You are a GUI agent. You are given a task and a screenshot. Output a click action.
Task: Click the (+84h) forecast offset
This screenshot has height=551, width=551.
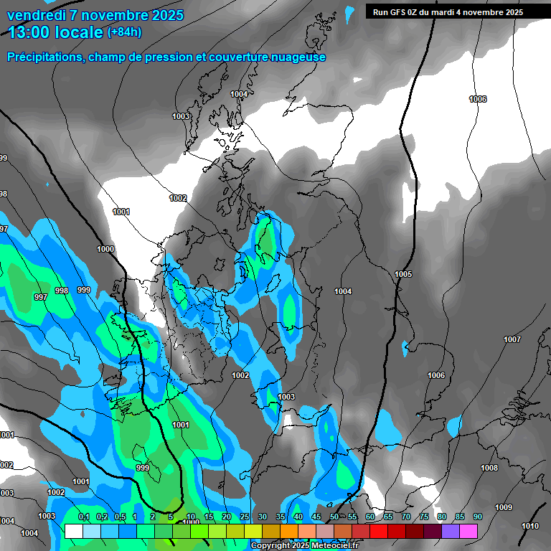click(x=124, y=32)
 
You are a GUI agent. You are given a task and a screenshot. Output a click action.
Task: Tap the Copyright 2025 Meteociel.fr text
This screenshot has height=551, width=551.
click(x=306, y=546)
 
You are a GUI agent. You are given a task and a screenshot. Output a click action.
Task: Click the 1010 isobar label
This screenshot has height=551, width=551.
click(x=530, y=526)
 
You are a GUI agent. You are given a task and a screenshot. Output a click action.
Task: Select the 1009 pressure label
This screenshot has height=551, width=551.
click(x=504, y=507)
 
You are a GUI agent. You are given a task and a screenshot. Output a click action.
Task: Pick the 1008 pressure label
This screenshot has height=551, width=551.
click(x=489, y=468)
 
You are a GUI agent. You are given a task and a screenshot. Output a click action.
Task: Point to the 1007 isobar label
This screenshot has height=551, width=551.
click(x=512, y=339)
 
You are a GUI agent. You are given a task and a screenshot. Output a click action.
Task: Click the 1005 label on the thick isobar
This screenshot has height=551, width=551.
click(x=403, y=274)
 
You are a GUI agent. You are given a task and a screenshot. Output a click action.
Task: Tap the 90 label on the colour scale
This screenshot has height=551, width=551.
click(x=477, y=517)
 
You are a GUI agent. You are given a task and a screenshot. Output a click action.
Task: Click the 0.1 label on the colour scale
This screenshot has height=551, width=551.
click(x=83, y=517)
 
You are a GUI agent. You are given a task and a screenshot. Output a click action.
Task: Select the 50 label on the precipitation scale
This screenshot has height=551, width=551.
click(x=334, y=517)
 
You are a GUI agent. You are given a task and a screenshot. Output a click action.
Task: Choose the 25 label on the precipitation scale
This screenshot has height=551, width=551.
click(x=245, y=517)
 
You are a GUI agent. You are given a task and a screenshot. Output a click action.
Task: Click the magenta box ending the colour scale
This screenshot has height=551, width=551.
click(x=468, y=531)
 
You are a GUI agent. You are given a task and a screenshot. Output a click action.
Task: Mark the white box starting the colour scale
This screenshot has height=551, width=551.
click(x=73, y=531)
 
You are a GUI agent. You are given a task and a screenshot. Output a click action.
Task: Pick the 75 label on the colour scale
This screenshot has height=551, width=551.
click(x=423, y=517)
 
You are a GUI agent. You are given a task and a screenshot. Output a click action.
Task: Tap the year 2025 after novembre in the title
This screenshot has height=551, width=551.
click(x=165, y=15)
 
